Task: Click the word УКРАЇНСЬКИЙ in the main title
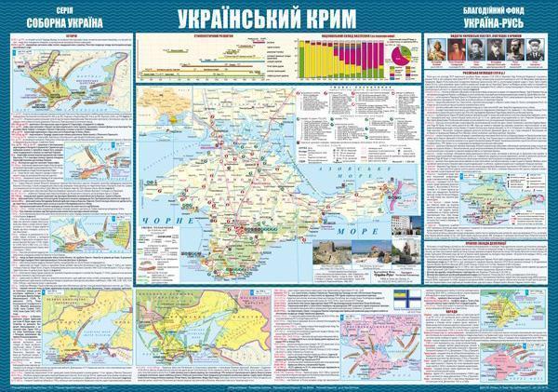point(246,20)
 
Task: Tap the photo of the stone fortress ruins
point(341,229)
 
